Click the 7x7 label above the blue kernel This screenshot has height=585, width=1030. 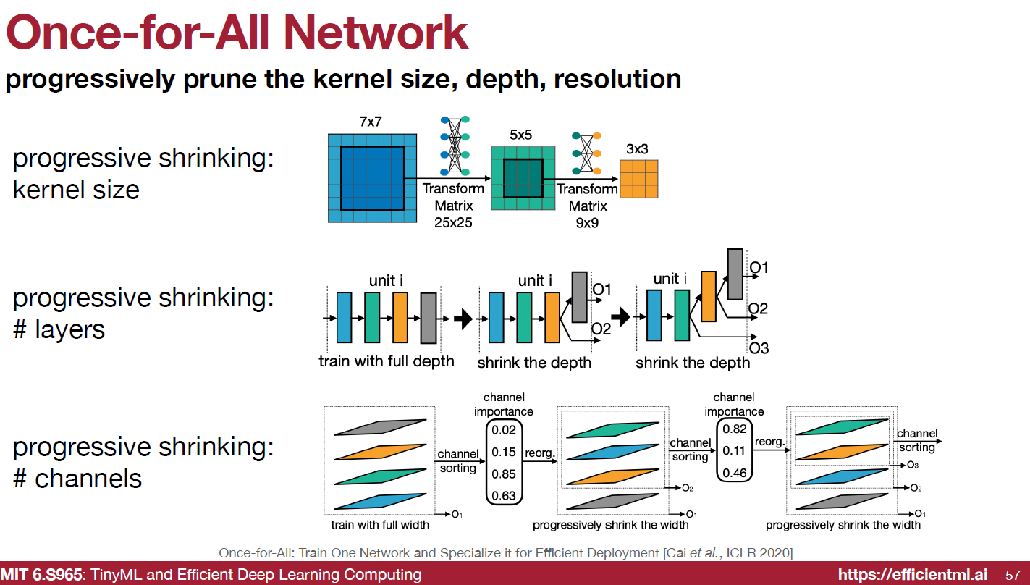click(371, 122)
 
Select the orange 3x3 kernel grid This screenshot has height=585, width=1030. click(639, 179)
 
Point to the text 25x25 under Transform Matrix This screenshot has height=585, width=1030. click(453, 222)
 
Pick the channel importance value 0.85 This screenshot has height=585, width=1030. click(504, 474)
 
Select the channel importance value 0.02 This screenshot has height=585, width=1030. click(504, 430)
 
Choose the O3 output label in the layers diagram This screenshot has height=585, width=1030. click(759, 348)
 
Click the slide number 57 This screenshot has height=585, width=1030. click(1013, 575)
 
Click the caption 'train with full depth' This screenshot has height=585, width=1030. click(387, 361)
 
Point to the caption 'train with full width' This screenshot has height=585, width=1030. click(380, 524)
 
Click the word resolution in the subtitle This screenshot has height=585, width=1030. click(617, 79)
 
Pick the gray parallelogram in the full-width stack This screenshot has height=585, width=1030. click(381, 427)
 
